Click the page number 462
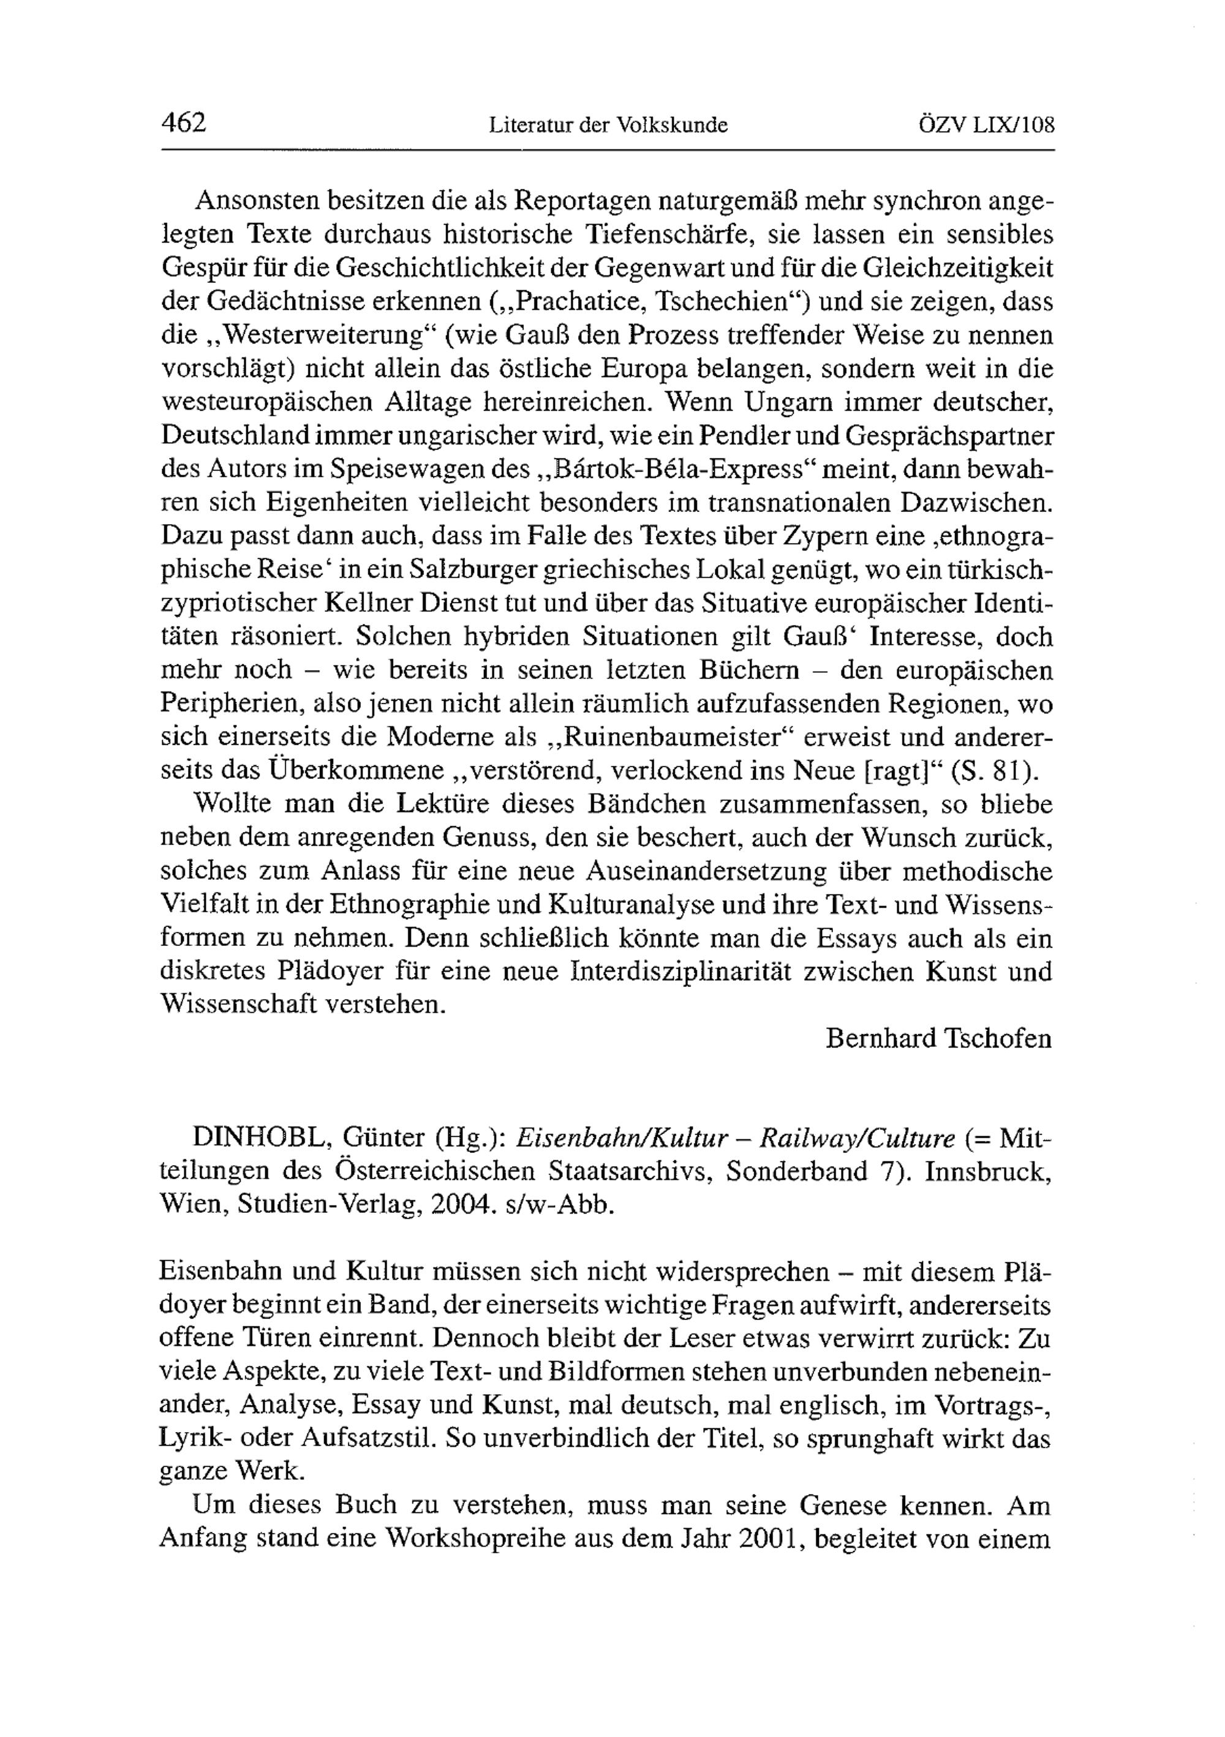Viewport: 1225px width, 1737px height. [x=184, y=122]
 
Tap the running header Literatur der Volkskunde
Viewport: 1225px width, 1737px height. [x=608, y=125]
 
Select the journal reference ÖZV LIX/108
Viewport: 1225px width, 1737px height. [x=986, y=124]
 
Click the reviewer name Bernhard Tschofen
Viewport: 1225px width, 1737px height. [x=938, y=1038]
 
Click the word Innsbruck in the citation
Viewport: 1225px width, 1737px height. [x=987, y=1172]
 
